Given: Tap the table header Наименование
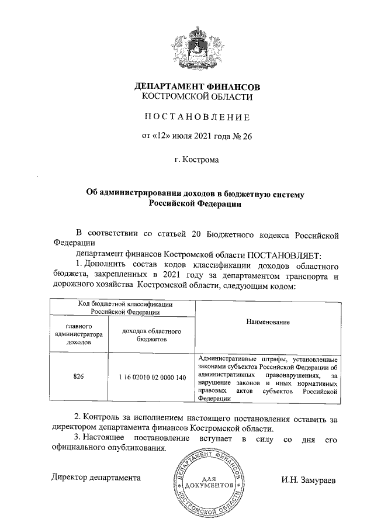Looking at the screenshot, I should pyautogui.click(x=268, y=322).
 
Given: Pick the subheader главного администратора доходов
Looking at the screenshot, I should pyautogui.click(x=78, y=334).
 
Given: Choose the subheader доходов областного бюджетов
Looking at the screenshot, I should pyautogui.click(x=151, y=334).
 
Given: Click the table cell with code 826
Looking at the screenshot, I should pyautogui.click(x=78, y=377).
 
